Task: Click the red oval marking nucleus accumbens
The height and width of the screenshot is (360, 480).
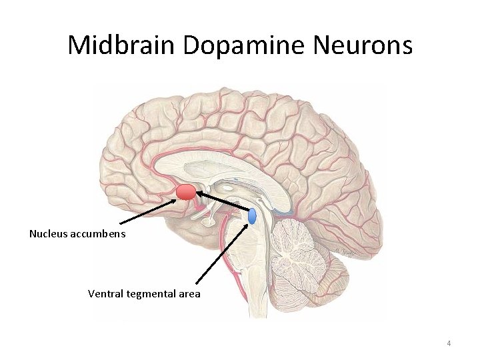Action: point(186,193)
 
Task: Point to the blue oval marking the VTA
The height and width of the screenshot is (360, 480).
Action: point(253,216)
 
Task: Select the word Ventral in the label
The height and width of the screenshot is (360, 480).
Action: point(105,293)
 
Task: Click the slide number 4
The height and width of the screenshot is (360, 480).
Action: point(449,343)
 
